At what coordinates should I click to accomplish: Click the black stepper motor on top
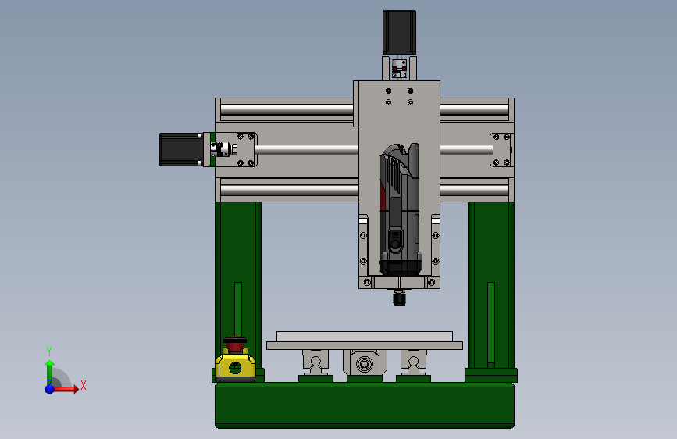pyautogui.click(x=399, y=33)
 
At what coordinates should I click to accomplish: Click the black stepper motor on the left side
pyautogui.click(x=181, y=149)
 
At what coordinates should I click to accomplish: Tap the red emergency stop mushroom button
pyautogui.click(x=235, y=344)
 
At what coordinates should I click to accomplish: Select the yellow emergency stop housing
pyautogui.click(x=235, y=366)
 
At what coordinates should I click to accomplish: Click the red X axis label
pyautogui.click(x=84, y=385)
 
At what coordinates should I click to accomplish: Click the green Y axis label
pyautogui.click(x=49, y=351)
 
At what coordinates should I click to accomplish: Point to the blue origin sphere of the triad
pyautogui.click(x=50, y=389)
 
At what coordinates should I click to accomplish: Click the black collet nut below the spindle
pyautogui.click(x=399, y=298)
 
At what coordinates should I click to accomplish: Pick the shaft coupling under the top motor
pyautogui.click(x=399, y=70)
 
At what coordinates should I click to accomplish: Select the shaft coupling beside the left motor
pyautogui.click(x=220, y=149)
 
